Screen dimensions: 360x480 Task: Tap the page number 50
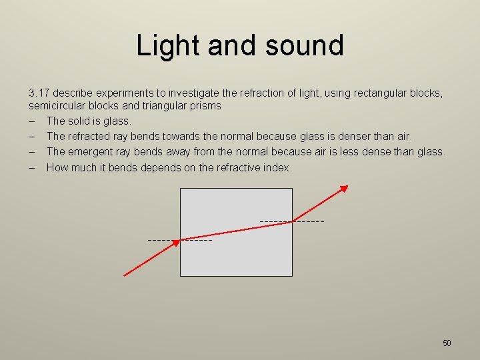[447, 343]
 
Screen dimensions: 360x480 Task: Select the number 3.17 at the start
[39, 93]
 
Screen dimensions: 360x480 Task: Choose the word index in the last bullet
[277, 167]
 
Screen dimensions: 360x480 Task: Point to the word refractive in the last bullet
[237, 167]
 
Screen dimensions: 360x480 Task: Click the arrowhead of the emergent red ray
[344, 189]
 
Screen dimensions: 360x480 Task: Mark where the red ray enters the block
[181, 239]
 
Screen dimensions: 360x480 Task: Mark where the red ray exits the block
[292, 221]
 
